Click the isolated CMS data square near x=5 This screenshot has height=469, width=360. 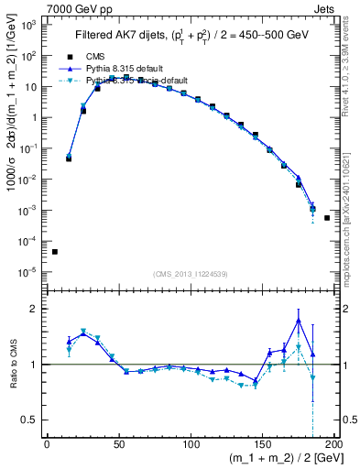(54, 252)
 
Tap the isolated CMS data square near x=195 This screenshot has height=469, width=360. (328, 218)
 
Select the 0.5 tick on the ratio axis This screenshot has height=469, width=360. (31, 420)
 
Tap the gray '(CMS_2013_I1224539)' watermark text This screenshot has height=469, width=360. (190, 274)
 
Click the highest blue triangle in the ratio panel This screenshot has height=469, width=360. (299, 321)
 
